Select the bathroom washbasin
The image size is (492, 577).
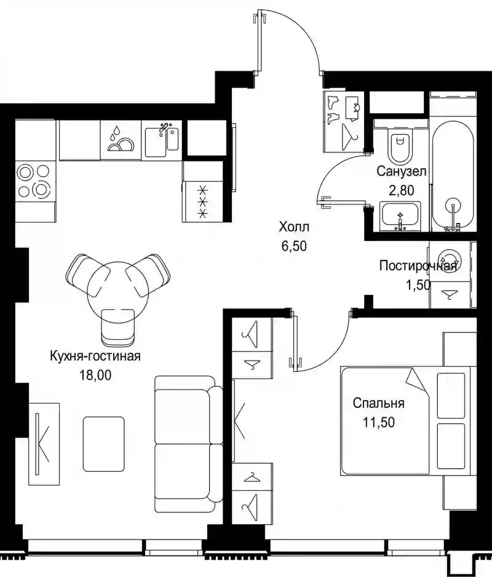(400, 217)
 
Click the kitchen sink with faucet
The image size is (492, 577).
(162, 141)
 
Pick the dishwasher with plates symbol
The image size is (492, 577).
(121, 141)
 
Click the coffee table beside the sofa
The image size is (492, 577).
(103, 444)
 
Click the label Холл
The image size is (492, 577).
(294, 227)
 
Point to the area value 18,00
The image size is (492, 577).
(95, 375)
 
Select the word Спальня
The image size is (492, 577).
(379, 403)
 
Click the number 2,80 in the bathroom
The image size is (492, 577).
(402, 190)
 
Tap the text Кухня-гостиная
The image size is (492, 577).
(95, 356)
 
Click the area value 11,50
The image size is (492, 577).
(379, 422)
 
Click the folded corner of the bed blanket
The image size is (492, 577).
(418, 382)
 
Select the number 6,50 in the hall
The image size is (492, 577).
(294, 246)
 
